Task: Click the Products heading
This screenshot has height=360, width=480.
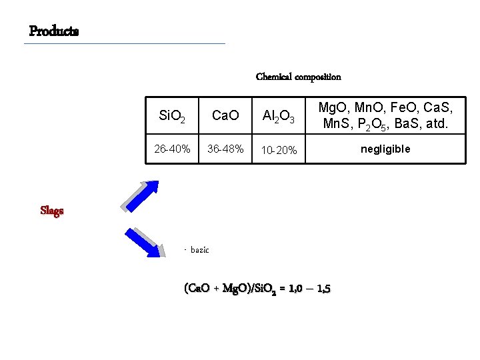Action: pos(54,31)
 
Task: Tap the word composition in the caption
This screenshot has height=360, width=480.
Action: pos(318,77)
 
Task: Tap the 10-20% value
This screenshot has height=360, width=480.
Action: pos(279,150)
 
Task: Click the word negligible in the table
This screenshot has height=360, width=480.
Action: pos(385,149)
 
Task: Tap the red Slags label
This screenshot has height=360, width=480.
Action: pos(52,211)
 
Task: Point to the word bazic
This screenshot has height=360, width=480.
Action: pos(199,250)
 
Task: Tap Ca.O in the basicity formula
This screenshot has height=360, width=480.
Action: pos(198,289)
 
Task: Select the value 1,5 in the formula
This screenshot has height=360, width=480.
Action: pos(323,289)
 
